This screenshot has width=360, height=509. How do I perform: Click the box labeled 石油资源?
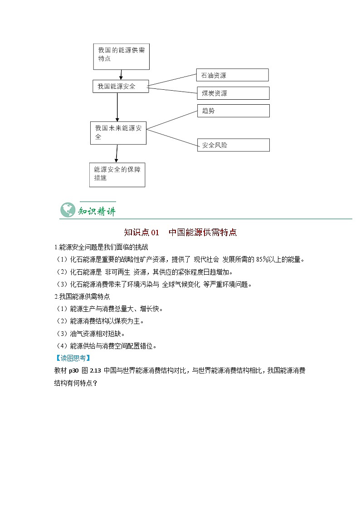(233, 75)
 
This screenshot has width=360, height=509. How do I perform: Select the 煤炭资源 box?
(233, 93)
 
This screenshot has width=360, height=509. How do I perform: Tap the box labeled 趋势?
(233, 111)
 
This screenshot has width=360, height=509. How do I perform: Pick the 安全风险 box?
(233, 145)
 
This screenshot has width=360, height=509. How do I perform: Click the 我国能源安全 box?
(121, 86)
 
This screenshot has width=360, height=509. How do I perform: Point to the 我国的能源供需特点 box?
(121, 56)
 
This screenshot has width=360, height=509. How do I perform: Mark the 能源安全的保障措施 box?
(117, 174)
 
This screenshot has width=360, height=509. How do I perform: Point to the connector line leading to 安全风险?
(172, 137)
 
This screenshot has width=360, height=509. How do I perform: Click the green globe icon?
(68, 210)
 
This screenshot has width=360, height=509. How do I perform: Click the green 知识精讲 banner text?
(97, 211)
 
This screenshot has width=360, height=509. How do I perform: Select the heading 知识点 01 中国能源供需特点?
(180, 233)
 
